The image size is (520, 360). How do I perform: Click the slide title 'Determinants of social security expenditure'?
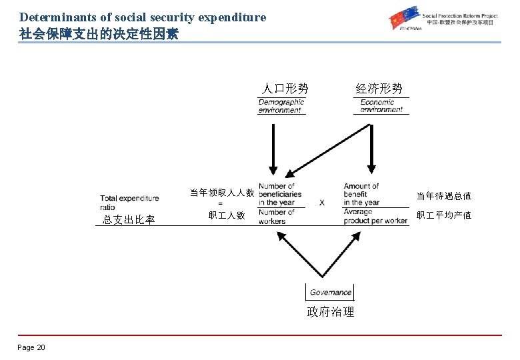(143, 17)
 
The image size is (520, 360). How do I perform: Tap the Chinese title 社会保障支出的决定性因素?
(99, 33)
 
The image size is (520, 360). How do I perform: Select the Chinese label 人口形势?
(285, 89)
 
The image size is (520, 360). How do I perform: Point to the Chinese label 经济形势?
(379, 89)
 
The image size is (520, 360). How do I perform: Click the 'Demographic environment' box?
(281, 106)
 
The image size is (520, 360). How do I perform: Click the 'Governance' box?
(330, 292)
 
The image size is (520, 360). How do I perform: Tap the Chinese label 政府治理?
(330, 312)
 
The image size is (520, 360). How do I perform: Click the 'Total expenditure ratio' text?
(129, 202)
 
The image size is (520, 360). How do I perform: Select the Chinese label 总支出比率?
(129, 220)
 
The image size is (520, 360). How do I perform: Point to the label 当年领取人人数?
(221, 193)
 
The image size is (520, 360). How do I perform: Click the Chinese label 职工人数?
(227, 215)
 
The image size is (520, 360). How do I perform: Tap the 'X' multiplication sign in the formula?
(322, 202)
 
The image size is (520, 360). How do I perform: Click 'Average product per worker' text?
(375, 217)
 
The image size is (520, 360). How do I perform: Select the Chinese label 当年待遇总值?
(443, 196)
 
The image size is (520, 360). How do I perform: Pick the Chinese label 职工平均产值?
(443, 215)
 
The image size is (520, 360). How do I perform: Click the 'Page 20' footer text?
(31, 347)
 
